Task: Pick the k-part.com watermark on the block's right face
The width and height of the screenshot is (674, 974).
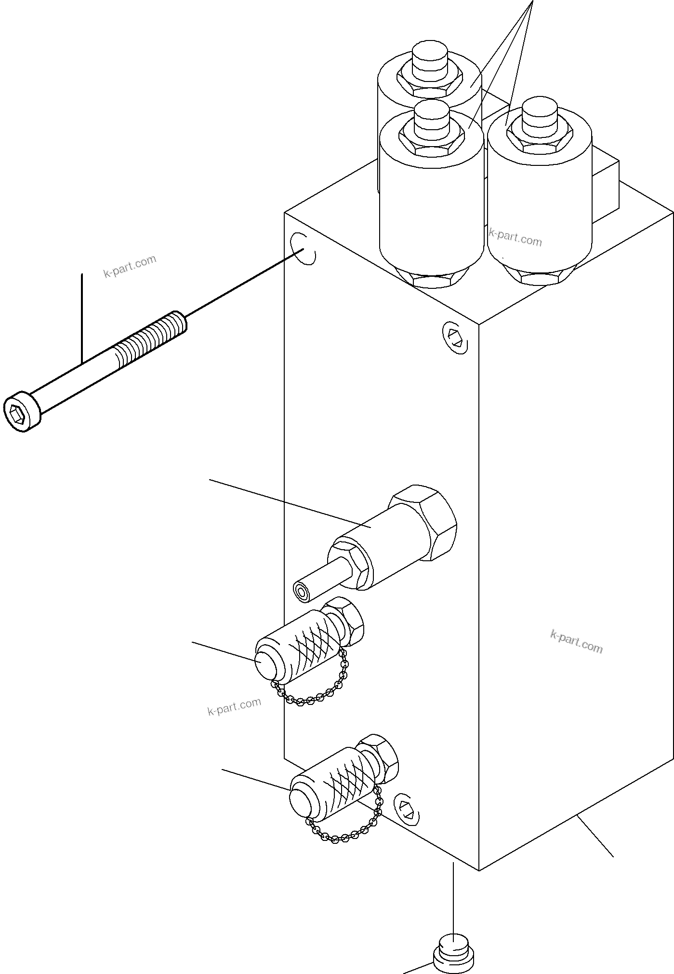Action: [x=576, y=641]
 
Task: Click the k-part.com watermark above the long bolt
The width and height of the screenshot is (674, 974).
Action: [x=130, y=266]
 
